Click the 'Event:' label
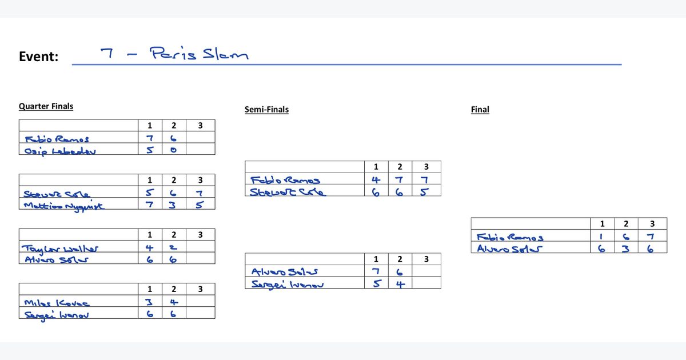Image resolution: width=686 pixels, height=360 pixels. click(x=38, y=57)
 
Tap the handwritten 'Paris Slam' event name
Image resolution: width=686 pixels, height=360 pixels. click(x=198, y=54)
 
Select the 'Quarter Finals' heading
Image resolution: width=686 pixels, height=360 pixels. click(x=46, y=106)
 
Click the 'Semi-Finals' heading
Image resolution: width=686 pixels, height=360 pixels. click(x=266, y=110)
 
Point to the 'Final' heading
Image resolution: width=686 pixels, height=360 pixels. click(x=480, y=110)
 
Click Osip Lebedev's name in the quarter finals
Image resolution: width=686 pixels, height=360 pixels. click(x=59, y=151)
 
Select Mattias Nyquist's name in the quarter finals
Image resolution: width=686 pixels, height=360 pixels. click(x=64, y=206)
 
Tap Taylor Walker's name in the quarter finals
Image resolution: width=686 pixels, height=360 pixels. click(x=60, y=249)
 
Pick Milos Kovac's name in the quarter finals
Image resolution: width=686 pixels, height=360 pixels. click(x=57, y=303)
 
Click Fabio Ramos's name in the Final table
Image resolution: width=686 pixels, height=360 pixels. click(x=510, y=237)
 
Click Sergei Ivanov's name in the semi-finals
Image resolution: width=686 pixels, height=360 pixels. click(x=288, y=283)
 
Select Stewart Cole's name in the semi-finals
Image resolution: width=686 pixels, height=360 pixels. click(x=288, y=192)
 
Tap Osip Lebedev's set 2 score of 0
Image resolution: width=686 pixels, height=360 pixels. click(x=173, y=150)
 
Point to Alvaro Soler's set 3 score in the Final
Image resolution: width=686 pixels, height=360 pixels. click(x=652, y=248)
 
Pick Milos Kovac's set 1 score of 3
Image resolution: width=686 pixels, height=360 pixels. click(x=149, y=303)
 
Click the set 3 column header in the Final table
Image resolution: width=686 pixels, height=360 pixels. click(x=652, y=223)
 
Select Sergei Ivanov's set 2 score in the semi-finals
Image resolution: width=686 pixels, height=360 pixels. click(x=400, y=283)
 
